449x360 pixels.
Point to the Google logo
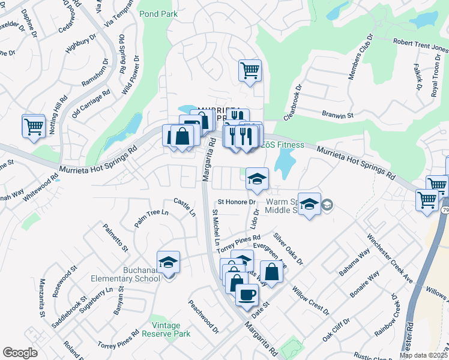[20, 353]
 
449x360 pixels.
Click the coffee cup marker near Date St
[246, 294]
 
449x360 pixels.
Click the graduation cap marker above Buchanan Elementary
[168, 262]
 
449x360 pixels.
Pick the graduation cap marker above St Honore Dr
[257, 178]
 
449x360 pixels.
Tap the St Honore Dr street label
[237, 202]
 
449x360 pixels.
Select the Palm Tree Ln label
[151, 217]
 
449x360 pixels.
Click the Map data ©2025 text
[423, 355]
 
